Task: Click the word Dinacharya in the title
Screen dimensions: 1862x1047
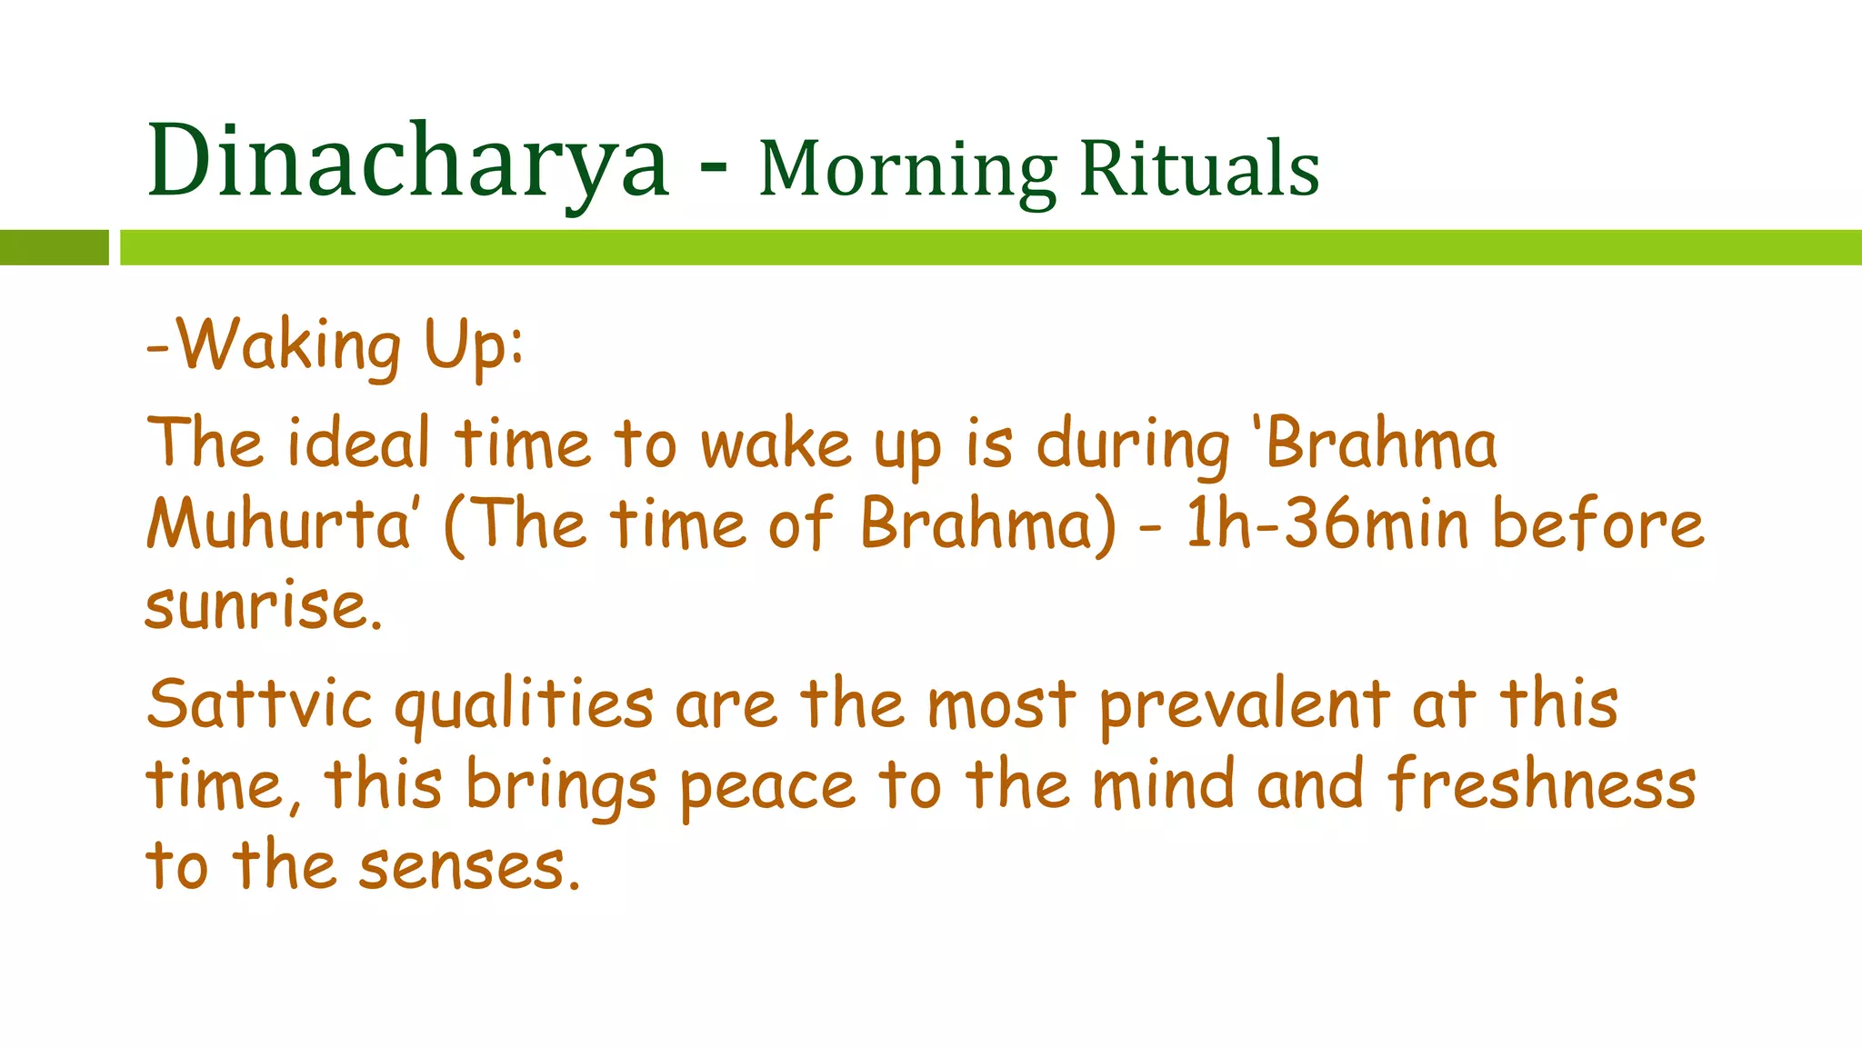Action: (408, 162)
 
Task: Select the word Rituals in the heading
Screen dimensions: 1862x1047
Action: (1199, 169)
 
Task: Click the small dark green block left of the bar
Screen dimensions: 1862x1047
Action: (54, 247)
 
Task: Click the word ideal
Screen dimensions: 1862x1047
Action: (358, 444)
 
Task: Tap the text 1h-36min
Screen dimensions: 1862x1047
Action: (1327, 524)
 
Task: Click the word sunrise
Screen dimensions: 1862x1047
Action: (263, 605)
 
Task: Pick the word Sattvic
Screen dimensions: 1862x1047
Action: (260, 704)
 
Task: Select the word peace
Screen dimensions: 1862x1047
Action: (768, 786)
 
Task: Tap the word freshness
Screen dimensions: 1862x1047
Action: (1542, 784)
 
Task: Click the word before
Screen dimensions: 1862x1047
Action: (1598, 524)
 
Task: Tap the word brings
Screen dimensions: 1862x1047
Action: (561, 786)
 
